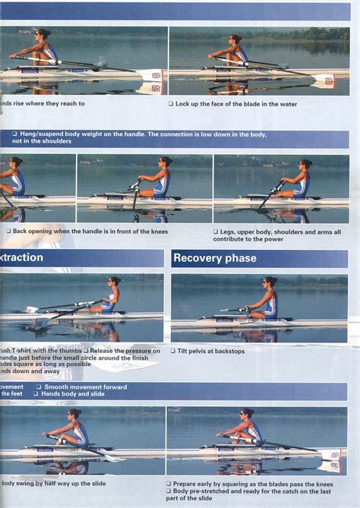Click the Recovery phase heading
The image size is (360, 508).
pos(215,258)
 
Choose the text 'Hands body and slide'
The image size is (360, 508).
pos(73,394)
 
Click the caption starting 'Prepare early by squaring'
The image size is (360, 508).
pos(250,483)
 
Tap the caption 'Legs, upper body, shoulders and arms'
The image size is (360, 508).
pos(258,232)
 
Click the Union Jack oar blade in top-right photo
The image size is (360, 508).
pos(329,80)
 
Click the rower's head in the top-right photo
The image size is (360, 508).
pos(236,39)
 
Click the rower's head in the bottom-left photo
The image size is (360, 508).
pos(74,415)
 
